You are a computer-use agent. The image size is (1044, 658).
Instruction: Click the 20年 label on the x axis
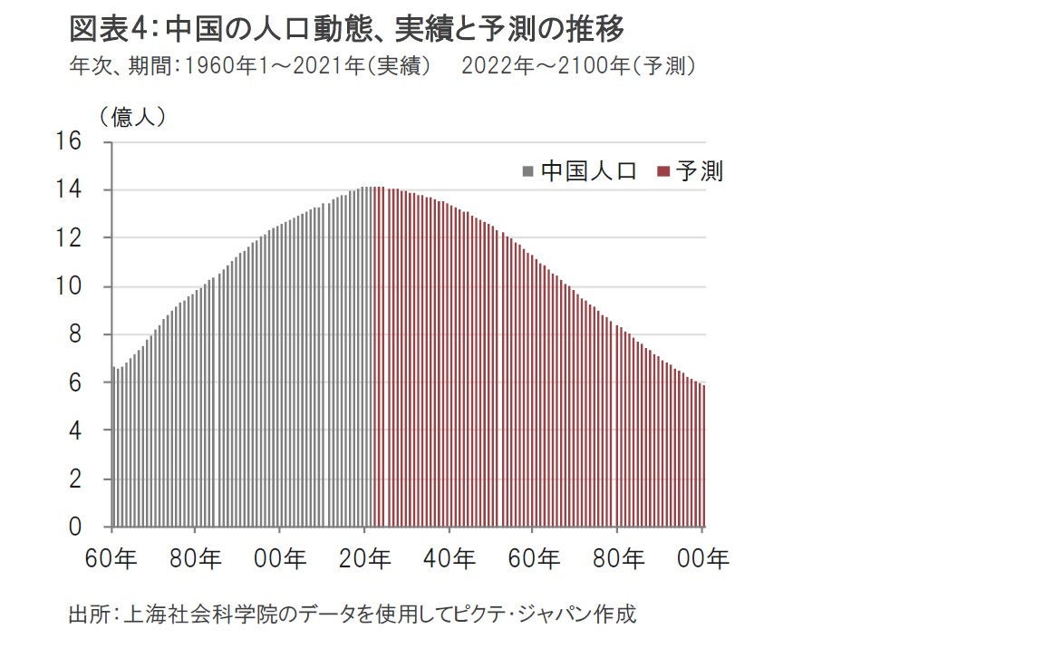(x=365, y=558)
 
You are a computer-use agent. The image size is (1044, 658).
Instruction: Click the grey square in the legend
(x=527, y=171)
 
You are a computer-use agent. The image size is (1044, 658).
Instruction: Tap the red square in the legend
(x=662, y=171)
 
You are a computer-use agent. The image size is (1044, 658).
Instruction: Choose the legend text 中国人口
(x=589, y=171)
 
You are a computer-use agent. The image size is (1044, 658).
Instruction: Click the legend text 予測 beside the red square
(x=699, y=171)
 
